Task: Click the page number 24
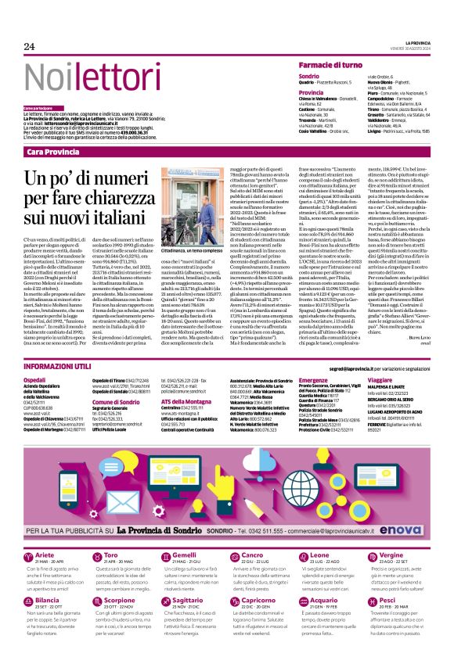tap(30, 46)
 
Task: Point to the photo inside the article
tap(188, 203)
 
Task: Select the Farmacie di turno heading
tap(333, 68)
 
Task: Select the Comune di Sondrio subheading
tap(114, 401)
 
